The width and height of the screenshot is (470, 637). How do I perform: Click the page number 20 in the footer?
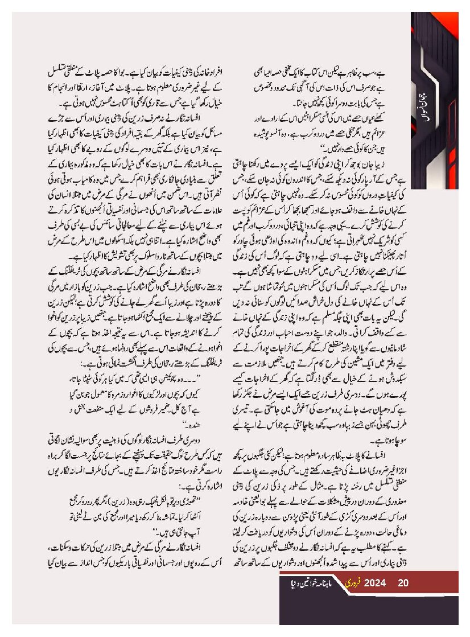[x=404, y=582]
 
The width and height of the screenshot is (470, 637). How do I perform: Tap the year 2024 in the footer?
[x=376, y=582]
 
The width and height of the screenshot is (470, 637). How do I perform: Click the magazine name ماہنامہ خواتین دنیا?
[x=310, y=583]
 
